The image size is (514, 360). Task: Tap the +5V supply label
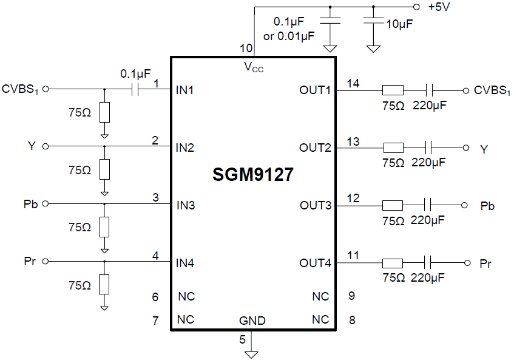pyautogui.click(x=439, y=7)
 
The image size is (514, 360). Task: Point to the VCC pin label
pyautogui.click(x=253, y=67)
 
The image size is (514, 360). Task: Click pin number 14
pyautogui.click(x=353, y=84)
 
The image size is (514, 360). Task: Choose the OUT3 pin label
pyautogui.click(x=316, y=205)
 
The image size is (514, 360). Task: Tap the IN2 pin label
pyautogui.click(x=185, y=148)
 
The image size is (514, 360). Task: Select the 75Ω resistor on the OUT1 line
pyautogui.click(x=393, y=90)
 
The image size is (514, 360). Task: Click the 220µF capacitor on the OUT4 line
pyautogui.click(x=429, y=263)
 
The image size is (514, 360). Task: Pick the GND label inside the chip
pyautogui.click(x=252, y=321)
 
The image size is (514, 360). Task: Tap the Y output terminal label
pyautogui.click(x=484, y=148)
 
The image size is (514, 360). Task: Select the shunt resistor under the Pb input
pyautogui.click(x=104, y=227)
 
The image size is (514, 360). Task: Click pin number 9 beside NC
pyautogui.click(x=352, y=296)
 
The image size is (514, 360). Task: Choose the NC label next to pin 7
pyautogui.click(x=185, y=319)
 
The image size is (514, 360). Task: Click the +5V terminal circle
pyautogui.click(x=416, y=7)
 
